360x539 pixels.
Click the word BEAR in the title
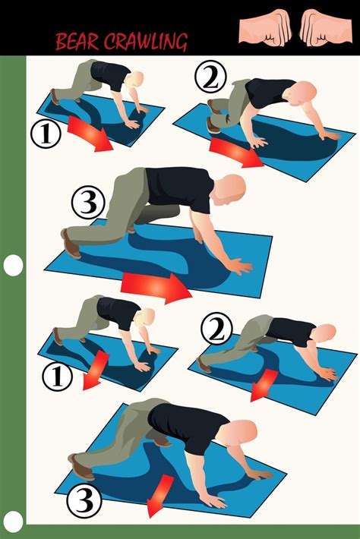click(x=77, y=42)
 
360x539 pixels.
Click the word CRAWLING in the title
click(x=146, y=42)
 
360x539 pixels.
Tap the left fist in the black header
click(x=265, y=27)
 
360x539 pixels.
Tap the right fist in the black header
click(x=326, y=27)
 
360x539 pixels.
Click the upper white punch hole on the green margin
click(x=14, y=266)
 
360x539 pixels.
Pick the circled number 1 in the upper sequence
click(x=46, y=134)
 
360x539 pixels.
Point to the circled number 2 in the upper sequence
click(x=210, y=77)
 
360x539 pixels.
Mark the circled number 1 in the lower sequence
click(x=57, y=377)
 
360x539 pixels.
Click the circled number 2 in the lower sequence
click(x=216, y=328)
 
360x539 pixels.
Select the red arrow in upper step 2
click(x=236, y=151)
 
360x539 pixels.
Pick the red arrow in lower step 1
click(x=96, y=370)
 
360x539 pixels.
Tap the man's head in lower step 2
click(x=324, y=333)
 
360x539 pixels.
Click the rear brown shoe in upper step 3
click(x=71, y=244)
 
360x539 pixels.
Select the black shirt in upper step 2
click(x=269, y=92)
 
